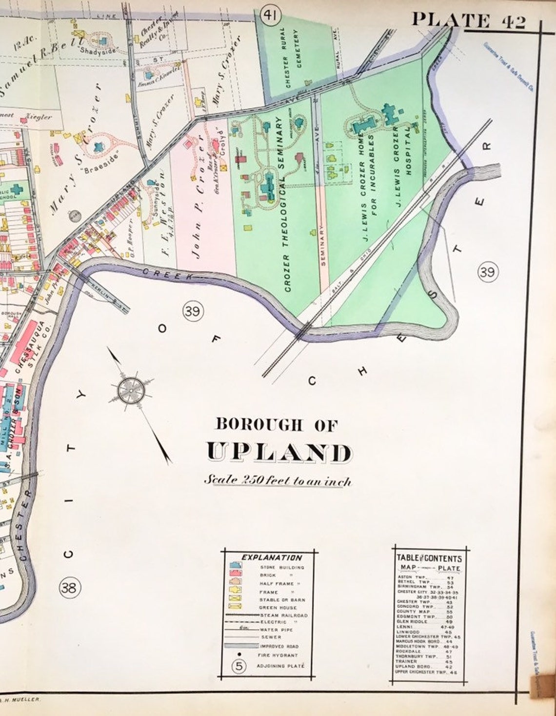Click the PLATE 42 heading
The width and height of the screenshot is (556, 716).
tap(468, 20)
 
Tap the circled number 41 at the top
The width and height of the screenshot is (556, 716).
tap(269, 16)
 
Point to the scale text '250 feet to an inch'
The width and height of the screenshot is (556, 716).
tap(277, 480)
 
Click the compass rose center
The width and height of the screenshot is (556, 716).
tap(131, 389)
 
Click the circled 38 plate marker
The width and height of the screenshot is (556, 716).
tap(69, 588)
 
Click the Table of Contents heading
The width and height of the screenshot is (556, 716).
tap(429, 558)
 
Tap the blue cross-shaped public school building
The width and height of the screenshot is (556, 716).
tap(17, 188)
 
